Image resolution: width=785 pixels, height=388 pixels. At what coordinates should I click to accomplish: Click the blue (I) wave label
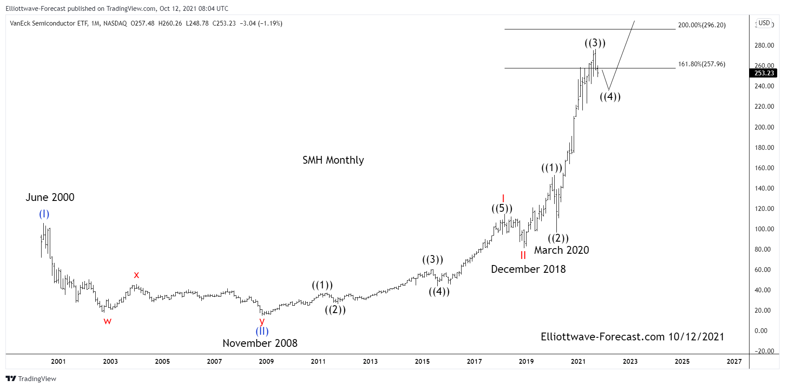tap(44, 214)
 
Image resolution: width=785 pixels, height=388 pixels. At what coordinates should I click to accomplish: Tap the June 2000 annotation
tap(50, 197)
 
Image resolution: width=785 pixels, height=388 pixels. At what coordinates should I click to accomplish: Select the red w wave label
tap(107, 321)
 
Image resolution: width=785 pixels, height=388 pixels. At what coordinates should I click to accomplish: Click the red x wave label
tap(136, 275)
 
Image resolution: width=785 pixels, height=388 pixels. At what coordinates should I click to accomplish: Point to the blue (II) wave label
tap(262, 331)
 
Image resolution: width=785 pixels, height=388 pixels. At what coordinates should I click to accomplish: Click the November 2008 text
tap(260, 343)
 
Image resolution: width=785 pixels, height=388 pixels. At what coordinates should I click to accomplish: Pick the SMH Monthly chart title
tap(333, 160)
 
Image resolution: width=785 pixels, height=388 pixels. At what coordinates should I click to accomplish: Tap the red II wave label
tap(523, 255)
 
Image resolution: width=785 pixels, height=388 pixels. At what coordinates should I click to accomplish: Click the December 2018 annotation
tap(528, 269)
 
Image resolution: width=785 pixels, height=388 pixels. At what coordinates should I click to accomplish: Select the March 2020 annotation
tap(562, 250)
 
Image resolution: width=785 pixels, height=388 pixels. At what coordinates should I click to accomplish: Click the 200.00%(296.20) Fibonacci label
tap(701, 25)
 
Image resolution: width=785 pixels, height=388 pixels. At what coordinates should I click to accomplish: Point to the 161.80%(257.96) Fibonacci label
tap(701, 64)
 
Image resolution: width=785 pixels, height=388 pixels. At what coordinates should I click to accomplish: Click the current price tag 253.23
tap(764, 73)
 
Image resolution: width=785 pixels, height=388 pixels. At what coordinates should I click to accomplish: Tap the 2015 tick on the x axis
tap(422, 362)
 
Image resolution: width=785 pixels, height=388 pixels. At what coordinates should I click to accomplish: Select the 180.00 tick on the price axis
tap(764, 148)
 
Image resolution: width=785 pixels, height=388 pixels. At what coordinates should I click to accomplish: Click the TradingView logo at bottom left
tap(31, 378)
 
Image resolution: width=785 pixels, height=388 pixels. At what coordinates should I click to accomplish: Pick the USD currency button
tap(764, 23)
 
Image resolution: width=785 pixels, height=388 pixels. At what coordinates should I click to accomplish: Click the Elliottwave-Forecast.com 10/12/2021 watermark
tap(632, 337)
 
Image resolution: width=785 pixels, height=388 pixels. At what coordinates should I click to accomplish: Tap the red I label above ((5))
tap(503, 199)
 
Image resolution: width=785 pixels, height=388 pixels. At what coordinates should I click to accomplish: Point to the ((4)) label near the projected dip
tap(610, 97)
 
